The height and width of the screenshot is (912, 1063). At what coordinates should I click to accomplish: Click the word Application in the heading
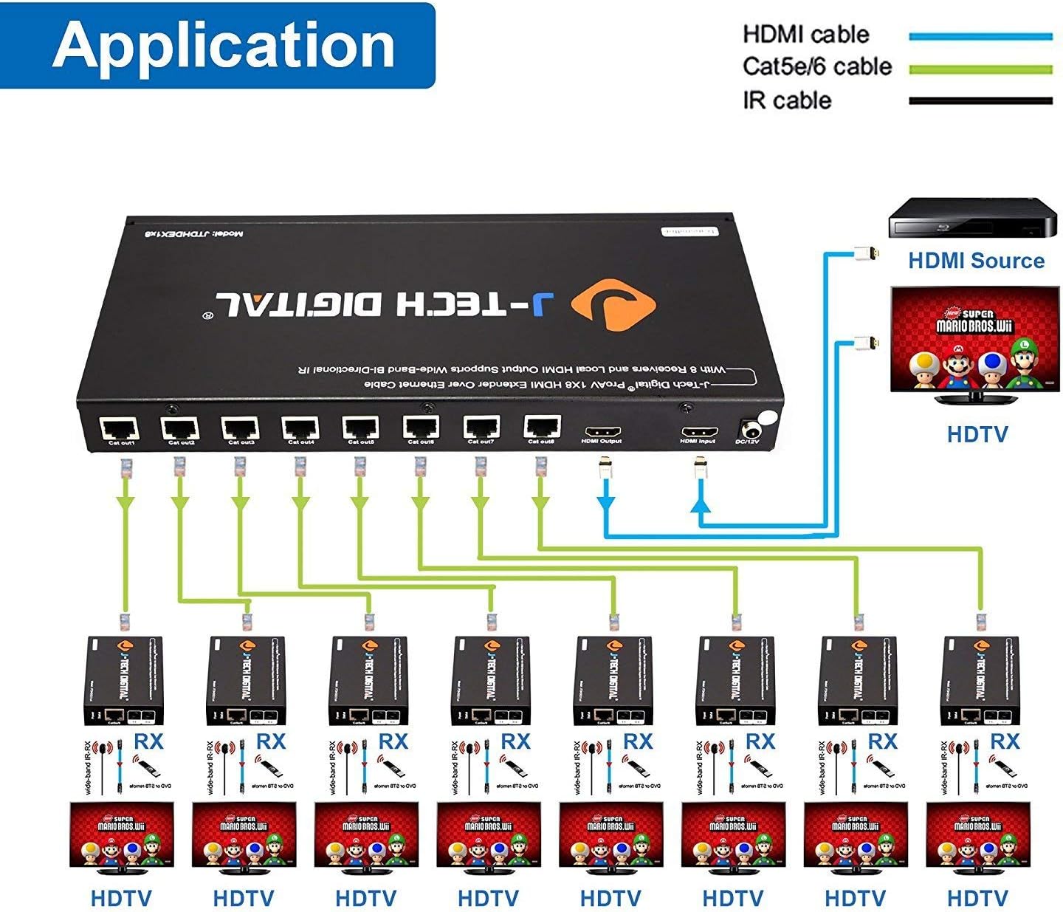(x=223, y=46)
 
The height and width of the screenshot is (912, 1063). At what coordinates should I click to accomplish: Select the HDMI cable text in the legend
(x=805, y=34)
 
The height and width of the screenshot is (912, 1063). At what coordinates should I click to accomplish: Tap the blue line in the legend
(x=980, y=35)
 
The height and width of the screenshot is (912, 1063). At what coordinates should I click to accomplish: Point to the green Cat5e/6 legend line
(x=980, y=69)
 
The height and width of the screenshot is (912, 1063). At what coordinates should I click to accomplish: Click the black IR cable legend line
(x=980, y=101)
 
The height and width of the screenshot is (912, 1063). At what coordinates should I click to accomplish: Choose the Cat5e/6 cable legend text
(x=817, y=66)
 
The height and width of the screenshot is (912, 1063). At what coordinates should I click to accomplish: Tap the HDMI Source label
(x=976, y=261)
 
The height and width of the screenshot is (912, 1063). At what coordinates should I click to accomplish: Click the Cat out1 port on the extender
(x=120, y=428)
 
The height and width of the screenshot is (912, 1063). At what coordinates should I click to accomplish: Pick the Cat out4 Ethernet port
(x=300, y=428)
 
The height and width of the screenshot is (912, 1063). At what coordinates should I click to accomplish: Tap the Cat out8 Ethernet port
(x=542, y=428)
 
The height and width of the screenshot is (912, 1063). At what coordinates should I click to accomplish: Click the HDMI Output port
(x=602, y=431)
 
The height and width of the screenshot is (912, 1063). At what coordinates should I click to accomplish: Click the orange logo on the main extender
(x=613, y=304)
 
